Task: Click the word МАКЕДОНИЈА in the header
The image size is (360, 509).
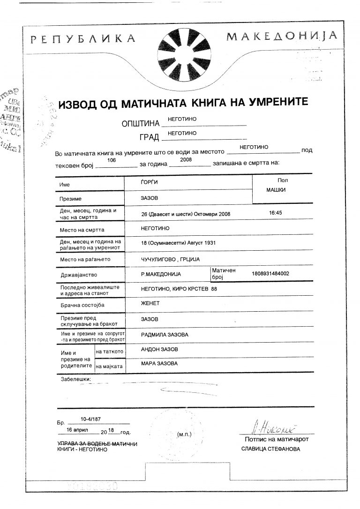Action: tap(282, 36)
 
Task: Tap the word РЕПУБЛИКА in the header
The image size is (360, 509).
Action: tap(84, 38)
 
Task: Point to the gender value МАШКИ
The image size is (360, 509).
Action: tap(276, 190)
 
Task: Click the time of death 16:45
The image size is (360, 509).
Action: tap(277, 212)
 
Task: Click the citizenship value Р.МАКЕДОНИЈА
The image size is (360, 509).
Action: tap(160, 274)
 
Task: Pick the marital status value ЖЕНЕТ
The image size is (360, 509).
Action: tap(150, 303)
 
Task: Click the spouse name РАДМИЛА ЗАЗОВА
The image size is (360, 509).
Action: tap(165, 335)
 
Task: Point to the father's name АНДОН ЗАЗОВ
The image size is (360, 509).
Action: tap(159, 349)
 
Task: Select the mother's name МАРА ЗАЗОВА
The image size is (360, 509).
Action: tap(159, 363)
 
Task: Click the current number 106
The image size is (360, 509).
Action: tap(112, 160)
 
